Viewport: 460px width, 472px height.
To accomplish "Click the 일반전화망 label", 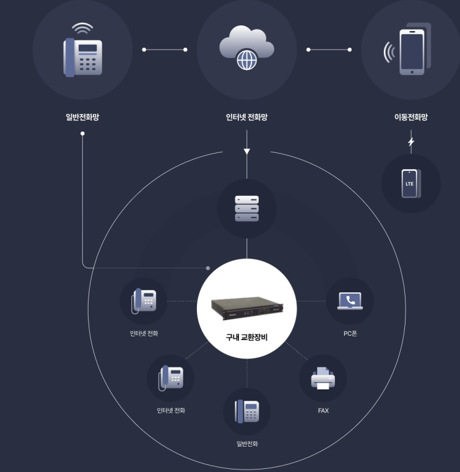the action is pyautogui.click(x=82, y=117).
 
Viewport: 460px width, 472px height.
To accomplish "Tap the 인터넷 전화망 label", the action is pyautogui.click(x=246, y=117).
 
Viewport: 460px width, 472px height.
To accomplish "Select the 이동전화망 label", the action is pyautogui.click(x=411, y=117).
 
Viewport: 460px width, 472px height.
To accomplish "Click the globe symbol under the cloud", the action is pyautogui.click(x=247, y=60).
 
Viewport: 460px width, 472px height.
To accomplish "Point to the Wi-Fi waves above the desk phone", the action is pyautogui.click(x=82, y=28).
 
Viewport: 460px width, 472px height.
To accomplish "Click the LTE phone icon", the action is pyautogui.click(x=411, y=183).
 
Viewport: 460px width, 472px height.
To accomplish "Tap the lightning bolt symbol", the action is pyautogui.click(x=411, y=141).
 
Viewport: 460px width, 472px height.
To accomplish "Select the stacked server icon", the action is pyautogui.click(x=246, y=208).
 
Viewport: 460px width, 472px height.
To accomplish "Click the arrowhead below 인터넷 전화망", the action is pyautogui.click(x=246, y=151).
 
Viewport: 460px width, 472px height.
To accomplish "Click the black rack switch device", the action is pyautogui.click(x=247, y=308).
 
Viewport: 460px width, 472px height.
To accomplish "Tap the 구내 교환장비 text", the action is pyautogui.click(x=246, y=337).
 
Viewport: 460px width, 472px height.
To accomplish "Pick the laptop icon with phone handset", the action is pyautogui.click(x=350, y=300).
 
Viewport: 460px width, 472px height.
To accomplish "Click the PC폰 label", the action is pyautogui.click(x=350, y=333).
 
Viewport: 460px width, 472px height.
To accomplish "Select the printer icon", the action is pyautogui.click(x=323, y=378).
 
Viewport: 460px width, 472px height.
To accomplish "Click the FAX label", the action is pyautogui.click(x=323, y=411).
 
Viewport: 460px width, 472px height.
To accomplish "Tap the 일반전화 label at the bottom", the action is pyautogui.click(x=247, y=444).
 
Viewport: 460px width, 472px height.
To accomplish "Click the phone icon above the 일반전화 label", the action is pyautogui.click(x=246, y=411).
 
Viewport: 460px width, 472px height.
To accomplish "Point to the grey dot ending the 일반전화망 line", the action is pyautogui.click(x=208, y=268).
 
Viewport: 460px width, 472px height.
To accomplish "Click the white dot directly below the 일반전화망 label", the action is pyautogui.click(x=82, y=133).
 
